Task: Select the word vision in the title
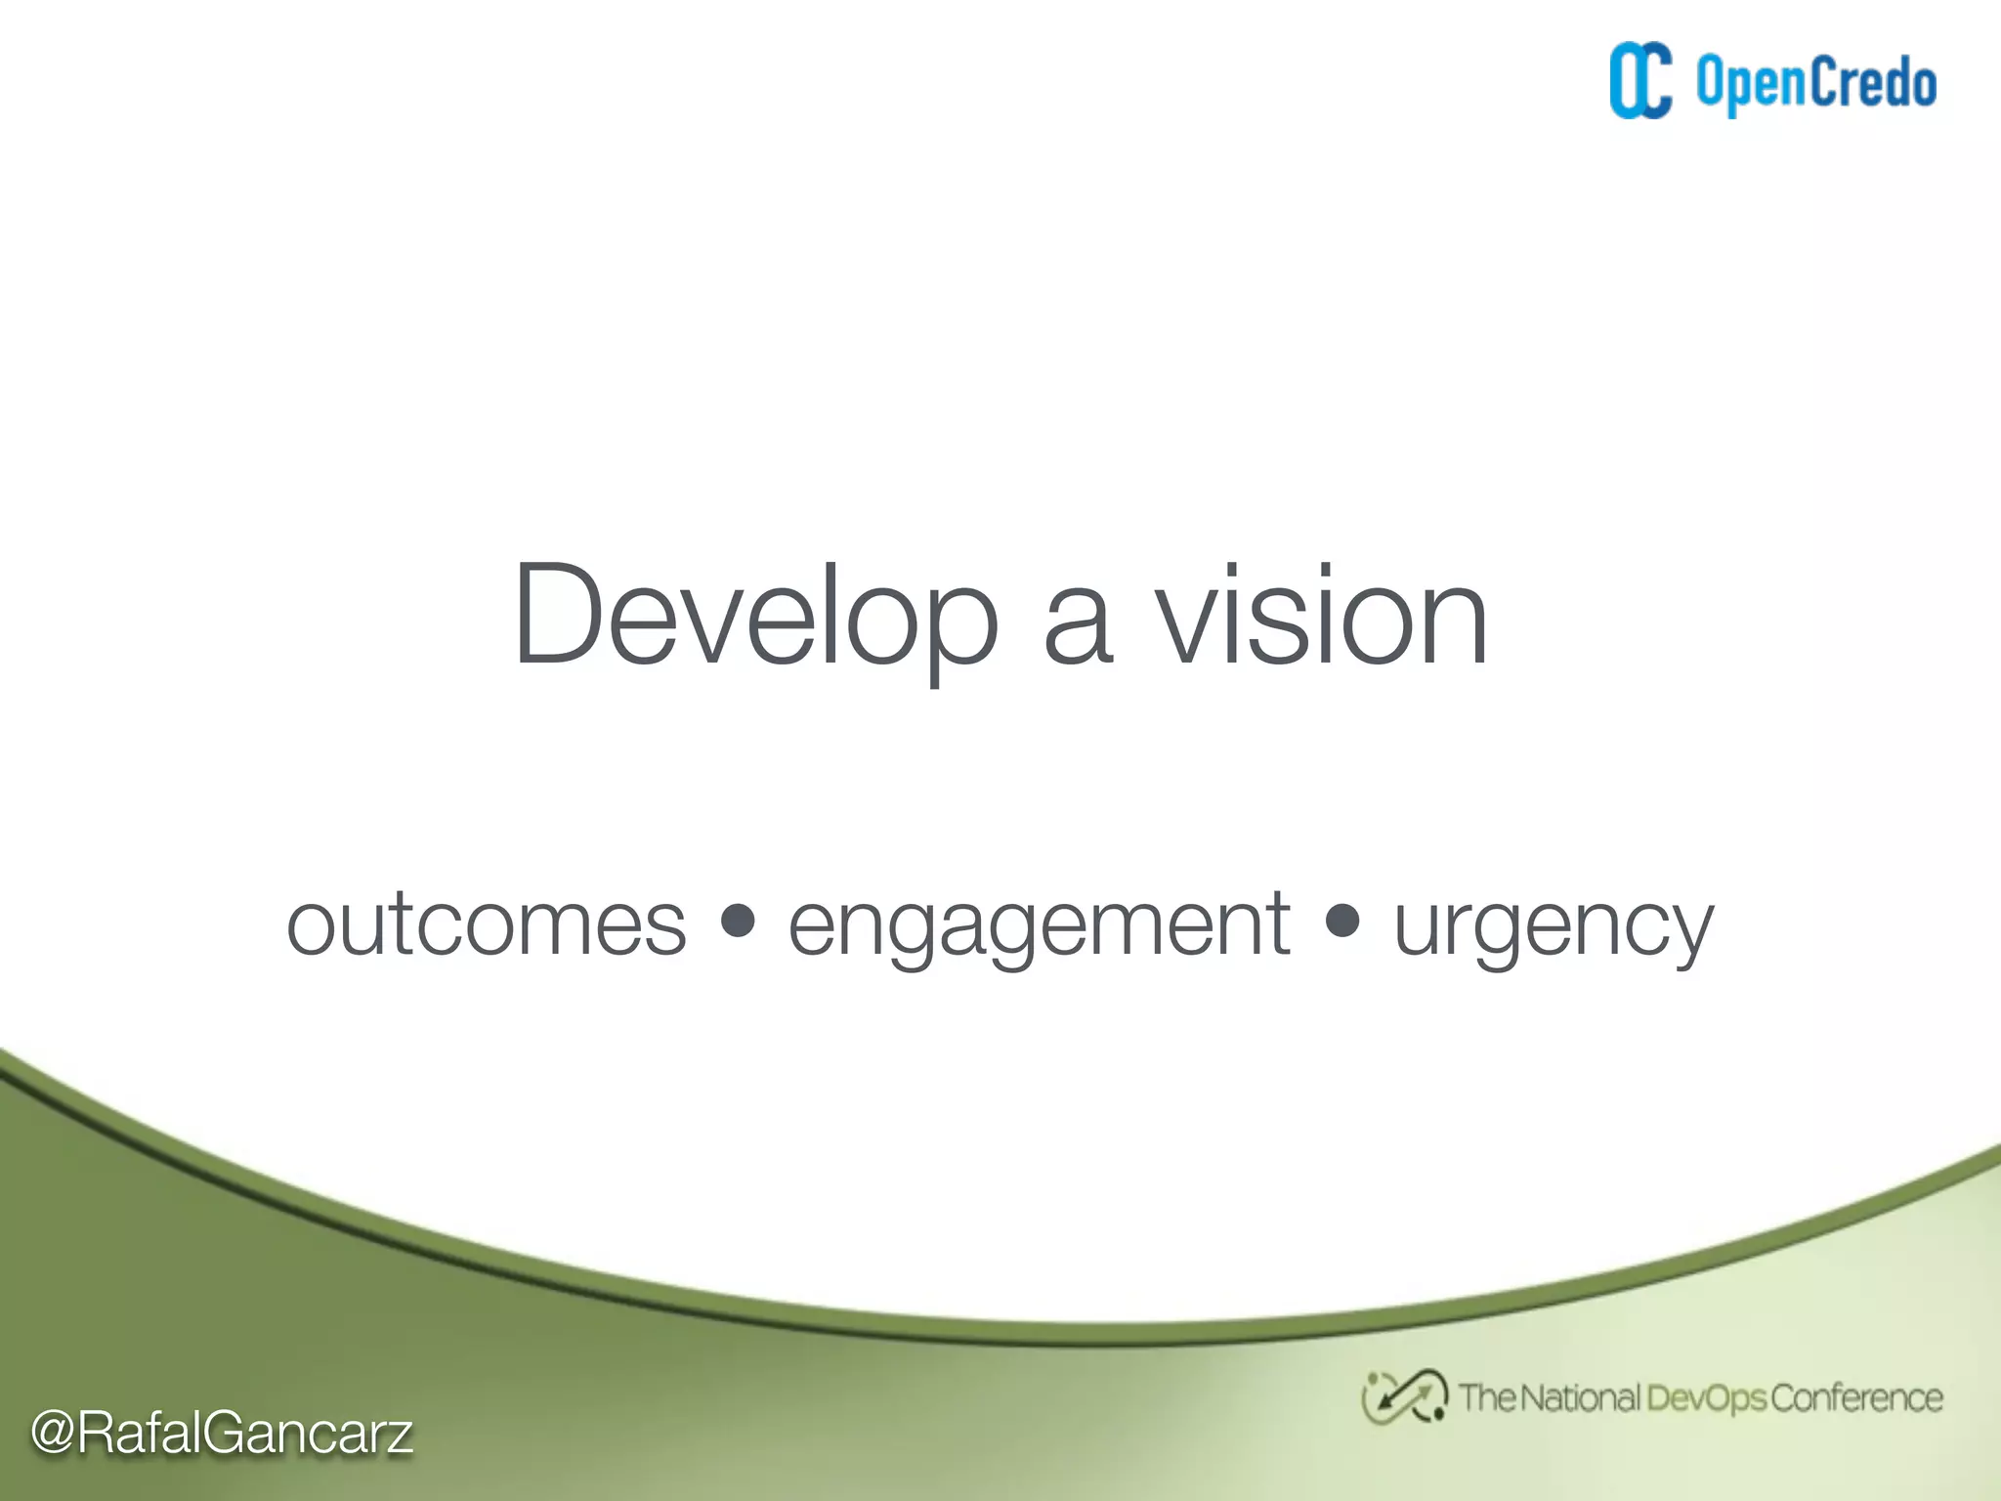[x=1323, y=618]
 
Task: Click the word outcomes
[x=487, y=925]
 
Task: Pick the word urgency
[x=1553, y=928]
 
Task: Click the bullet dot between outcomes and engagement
[x=738, y=920]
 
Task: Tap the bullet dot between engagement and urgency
[x=1343, y=920]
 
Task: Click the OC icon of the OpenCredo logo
[x=1640, y=81]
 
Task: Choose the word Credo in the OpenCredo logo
[x=1873, y=82]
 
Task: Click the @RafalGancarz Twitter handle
[x=222, y=1434]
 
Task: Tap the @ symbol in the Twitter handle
[x=53, y=1434]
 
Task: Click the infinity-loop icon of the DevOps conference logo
[x=1404, y=1396]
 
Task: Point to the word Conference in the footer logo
[x=1856, y=1398]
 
